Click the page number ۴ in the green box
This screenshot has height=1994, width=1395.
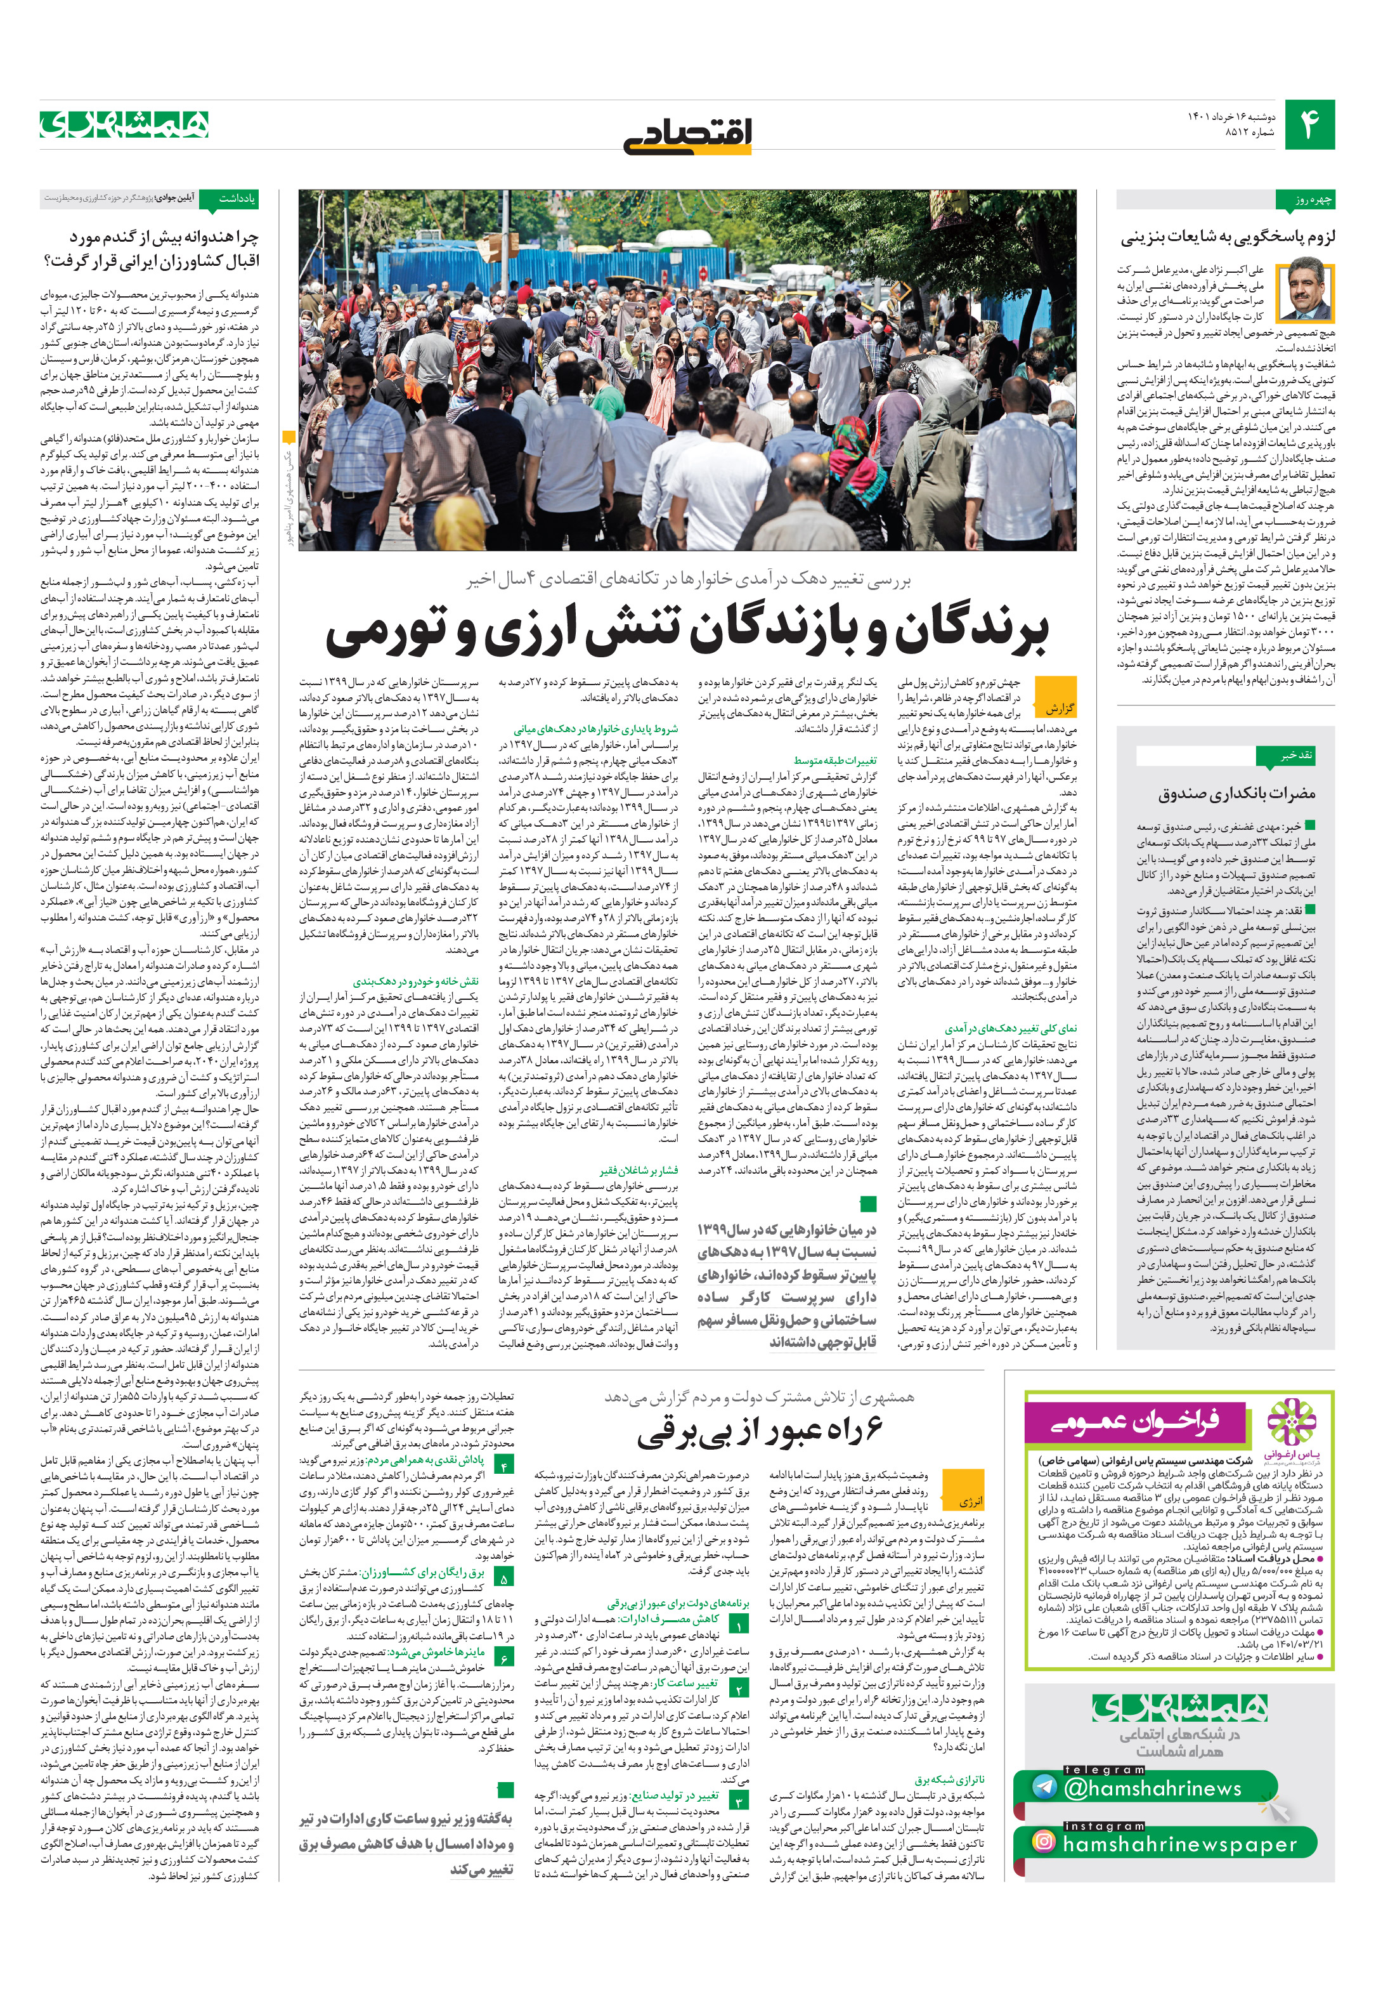pos(1309,125)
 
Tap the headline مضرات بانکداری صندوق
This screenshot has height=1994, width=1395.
pos(1236,792)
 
